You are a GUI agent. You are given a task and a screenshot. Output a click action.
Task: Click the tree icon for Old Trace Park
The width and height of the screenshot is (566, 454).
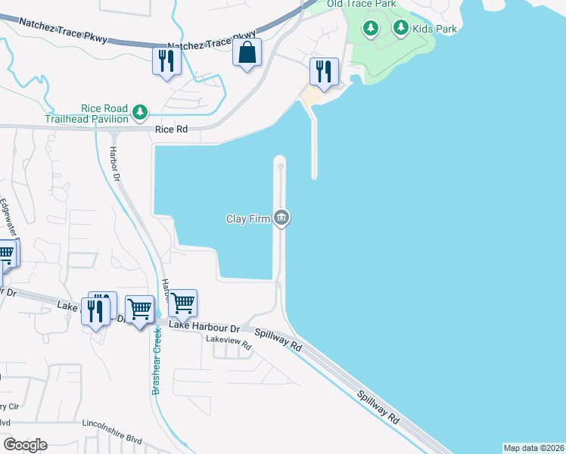[370, 29]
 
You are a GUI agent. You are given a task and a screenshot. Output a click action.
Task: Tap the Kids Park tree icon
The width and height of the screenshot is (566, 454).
[400, 29]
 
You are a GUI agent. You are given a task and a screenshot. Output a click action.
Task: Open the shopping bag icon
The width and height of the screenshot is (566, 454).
[247, 53]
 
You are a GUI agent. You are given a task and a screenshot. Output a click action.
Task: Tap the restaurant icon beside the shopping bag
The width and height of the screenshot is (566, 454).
[166, 61]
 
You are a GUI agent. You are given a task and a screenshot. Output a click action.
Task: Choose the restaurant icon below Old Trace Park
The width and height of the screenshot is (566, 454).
[324, 72]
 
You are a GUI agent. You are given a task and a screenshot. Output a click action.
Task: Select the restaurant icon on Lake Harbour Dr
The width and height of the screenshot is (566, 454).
[95, 311]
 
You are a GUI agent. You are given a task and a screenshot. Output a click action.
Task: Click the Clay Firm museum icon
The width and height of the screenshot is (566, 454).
[281, 219]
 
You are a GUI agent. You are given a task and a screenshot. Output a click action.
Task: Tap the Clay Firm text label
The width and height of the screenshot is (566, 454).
[248, 219]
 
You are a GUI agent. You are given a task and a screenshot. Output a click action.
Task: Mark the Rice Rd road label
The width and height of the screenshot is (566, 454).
[171, 130]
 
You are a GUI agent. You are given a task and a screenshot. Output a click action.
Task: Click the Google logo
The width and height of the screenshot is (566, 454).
[25, 445]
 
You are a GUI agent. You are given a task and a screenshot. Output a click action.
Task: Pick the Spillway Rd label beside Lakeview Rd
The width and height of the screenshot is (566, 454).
[278, 338]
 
